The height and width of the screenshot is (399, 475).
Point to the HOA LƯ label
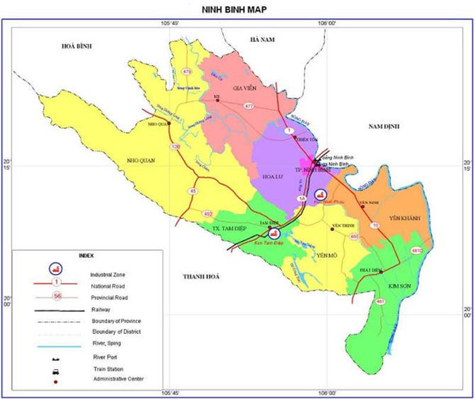[x=273, y=176]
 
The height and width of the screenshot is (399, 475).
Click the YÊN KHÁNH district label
[x=405, y=218]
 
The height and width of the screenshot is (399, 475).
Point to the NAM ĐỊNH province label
[x=385, y=127]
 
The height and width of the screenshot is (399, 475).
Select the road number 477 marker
[x=249, y=106]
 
